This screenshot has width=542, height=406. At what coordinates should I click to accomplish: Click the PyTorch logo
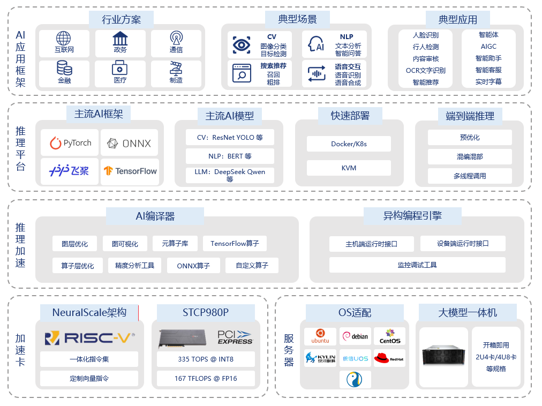point(70,143)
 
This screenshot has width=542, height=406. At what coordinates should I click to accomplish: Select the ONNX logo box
point(129,143)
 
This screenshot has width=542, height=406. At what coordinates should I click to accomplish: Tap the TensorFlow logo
point(130,171)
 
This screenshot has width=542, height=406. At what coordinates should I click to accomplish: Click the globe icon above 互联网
point(64,39)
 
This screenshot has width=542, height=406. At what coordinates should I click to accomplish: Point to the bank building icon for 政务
point(120,39)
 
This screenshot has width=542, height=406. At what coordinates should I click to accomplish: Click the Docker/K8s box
point(349,144)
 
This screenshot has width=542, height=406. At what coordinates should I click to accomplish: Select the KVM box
point(349,168)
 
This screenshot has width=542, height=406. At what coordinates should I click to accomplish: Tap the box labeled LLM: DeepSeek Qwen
point(230,175)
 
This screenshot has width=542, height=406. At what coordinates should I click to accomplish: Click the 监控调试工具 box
point(417,265)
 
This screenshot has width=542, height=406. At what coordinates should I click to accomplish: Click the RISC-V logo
point(89,337)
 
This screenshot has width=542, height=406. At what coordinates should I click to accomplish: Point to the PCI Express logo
point(235,337)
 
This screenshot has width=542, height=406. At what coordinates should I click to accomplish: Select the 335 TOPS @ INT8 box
point(206,359)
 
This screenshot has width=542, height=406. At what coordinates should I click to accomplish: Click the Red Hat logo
point(389,358)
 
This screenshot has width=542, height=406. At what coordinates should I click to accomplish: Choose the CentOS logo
point(389,336)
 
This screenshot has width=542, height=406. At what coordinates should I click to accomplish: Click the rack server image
point(443,356)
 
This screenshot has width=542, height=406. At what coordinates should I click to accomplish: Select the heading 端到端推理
point(470,116)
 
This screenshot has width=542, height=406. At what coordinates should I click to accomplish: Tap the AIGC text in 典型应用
point(488,47)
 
